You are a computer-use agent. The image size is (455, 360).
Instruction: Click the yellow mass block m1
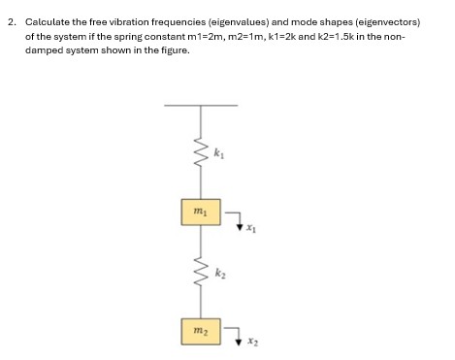coord(200,211)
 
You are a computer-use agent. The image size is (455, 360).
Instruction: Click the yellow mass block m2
coord(200,329)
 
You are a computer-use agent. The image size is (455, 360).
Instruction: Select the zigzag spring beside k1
coord(201,153)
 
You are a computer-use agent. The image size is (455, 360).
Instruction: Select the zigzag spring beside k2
coord(201,273)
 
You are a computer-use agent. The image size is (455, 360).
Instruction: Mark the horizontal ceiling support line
coord(202,105)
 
